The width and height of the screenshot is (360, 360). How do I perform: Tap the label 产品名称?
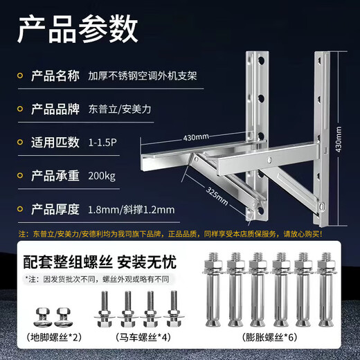(60, 74)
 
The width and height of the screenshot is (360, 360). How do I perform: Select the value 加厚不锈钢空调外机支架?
(143, 75)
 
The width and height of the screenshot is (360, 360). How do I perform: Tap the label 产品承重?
(60, 176)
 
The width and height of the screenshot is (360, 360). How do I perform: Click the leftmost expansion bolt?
(213, 291)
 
